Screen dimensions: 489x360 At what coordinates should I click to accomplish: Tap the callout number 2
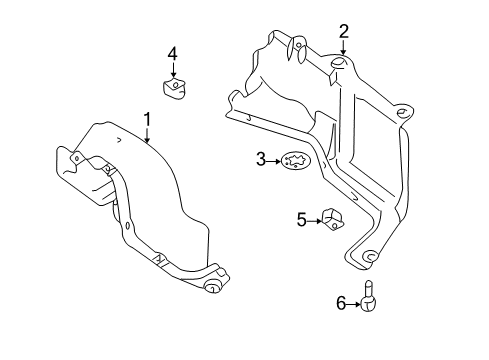click(344, 31)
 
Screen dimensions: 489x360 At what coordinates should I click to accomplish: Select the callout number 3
click(261, 159)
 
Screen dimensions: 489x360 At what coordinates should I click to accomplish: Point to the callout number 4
click(173, 54)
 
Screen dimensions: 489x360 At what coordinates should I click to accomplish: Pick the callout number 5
click(302, 220)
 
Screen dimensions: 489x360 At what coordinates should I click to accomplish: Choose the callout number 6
click(341, 303)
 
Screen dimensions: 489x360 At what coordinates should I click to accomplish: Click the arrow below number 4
click(173, 70)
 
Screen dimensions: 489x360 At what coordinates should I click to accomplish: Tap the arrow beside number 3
click(274, 161)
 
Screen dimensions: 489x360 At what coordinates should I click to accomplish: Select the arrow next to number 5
click(315, 221)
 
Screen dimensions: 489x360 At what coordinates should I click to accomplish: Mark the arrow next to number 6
click(354, 304)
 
